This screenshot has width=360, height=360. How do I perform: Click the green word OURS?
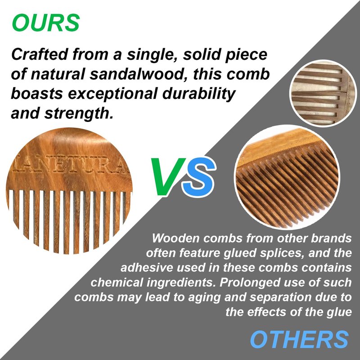46,22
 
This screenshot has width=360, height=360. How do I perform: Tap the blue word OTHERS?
299,339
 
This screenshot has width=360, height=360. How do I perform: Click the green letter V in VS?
167,176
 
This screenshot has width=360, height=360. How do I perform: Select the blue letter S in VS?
199,177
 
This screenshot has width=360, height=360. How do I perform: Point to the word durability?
199,94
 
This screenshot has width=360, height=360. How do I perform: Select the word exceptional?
113,94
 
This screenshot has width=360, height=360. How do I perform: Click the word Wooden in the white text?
175,238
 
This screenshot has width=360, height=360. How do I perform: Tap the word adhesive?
147,267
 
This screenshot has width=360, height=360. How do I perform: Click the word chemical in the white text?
117,282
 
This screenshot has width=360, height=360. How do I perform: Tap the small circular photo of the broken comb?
323,93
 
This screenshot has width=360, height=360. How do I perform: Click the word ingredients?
181,283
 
